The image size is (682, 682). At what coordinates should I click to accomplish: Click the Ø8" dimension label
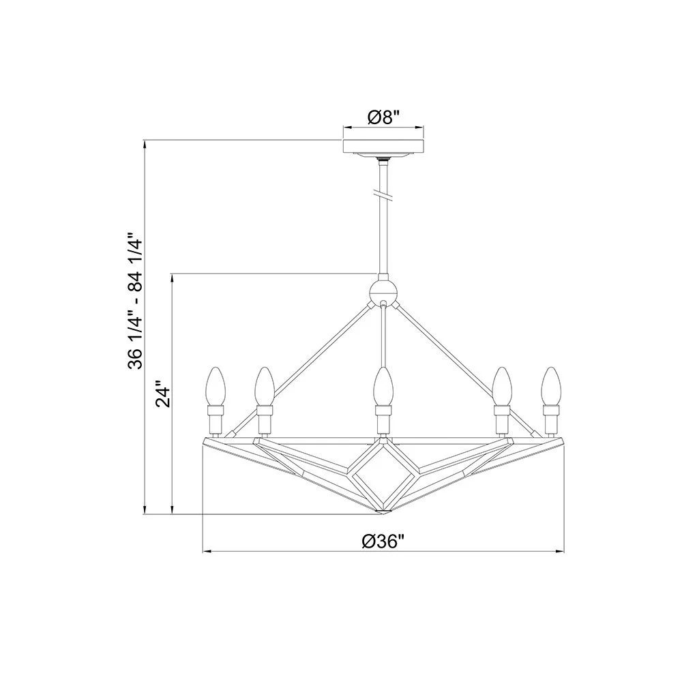point(383,117)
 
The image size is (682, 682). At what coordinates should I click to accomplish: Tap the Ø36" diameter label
point(383,542)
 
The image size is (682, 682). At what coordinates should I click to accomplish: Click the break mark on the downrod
point(383,196)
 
